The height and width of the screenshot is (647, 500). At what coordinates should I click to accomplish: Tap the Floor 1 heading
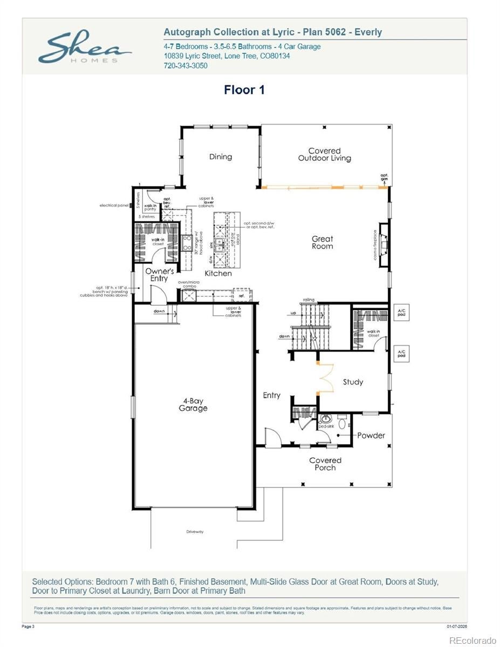[x=244, y=90]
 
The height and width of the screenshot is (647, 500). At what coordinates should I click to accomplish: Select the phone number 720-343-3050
[x=185, y=66]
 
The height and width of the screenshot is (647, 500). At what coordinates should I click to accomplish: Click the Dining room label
[x=221, y=157]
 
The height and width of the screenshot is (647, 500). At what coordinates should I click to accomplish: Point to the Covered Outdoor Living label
[x=325, y=155]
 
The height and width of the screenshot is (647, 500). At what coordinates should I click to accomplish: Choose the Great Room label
[x=322, y=243]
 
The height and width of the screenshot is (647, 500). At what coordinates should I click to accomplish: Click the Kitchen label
[x=218, y=273]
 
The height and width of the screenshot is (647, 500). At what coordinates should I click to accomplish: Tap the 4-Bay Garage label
[x=193, y=404]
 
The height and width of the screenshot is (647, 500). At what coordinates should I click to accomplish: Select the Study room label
[x=353, y=382]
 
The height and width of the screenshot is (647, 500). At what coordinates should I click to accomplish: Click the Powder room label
[x=371, y=435]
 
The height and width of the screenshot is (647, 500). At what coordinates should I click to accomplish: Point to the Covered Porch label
[x=325, y=464]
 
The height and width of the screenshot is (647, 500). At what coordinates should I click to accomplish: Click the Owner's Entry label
[x=159, y=275]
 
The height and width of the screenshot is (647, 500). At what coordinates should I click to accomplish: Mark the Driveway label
[x=195, y=532]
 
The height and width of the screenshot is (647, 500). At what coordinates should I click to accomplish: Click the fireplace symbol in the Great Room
[x=383, y=245]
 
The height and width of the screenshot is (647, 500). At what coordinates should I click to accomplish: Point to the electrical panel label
[x=113, y=205]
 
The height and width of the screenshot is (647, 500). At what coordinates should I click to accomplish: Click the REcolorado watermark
[x=472, y=640]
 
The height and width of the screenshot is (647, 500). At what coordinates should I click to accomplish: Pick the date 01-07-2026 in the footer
[x=456, y=627]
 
